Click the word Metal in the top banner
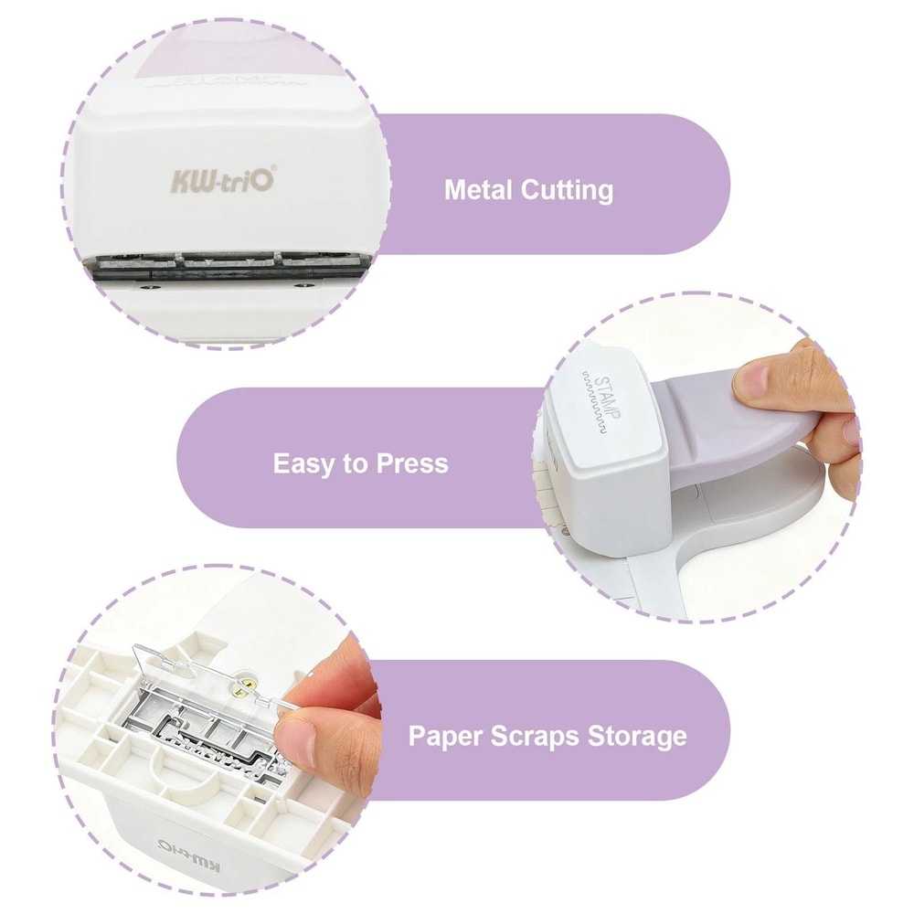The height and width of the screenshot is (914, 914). click(478, 190)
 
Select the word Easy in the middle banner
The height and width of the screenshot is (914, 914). click(304, 463)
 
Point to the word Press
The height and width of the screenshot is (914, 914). click(409, 463)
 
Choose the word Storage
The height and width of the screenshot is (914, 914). click(638, 736)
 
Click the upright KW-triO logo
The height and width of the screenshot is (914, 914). click(219, 179)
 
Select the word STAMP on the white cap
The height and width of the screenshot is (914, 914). click(604, 395)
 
